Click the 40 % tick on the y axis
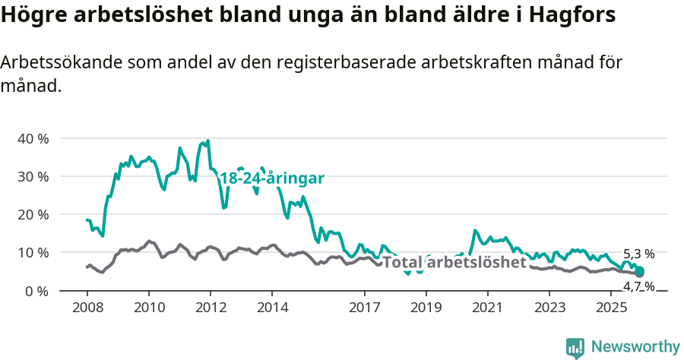tap(32, 139)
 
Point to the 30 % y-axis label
tap(32, 177)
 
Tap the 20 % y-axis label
tap(32, 215)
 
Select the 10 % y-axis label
tap(32, 253)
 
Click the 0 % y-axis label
tap(36, 291)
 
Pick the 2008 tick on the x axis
tap(87, 308)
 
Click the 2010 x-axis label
tap(148, 308)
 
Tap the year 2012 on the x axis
tap(211, 308)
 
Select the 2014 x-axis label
tap(272, 308)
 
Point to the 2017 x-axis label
tap(364, 308)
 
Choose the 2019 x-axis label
tap(426, 308)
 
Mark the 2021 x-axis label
tap(487, 308)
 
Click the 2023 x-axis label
tap(549, 308)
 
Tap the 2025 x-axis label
tap(611, 308)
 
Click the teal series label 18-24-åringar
tap(272, 178)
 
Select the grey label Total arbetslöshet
tap(454, 263)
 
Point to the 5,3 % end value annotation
tap(638, 254)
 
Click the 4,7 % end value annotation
tap(638, 286)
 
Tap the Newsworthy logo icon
tap(575, 348)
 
